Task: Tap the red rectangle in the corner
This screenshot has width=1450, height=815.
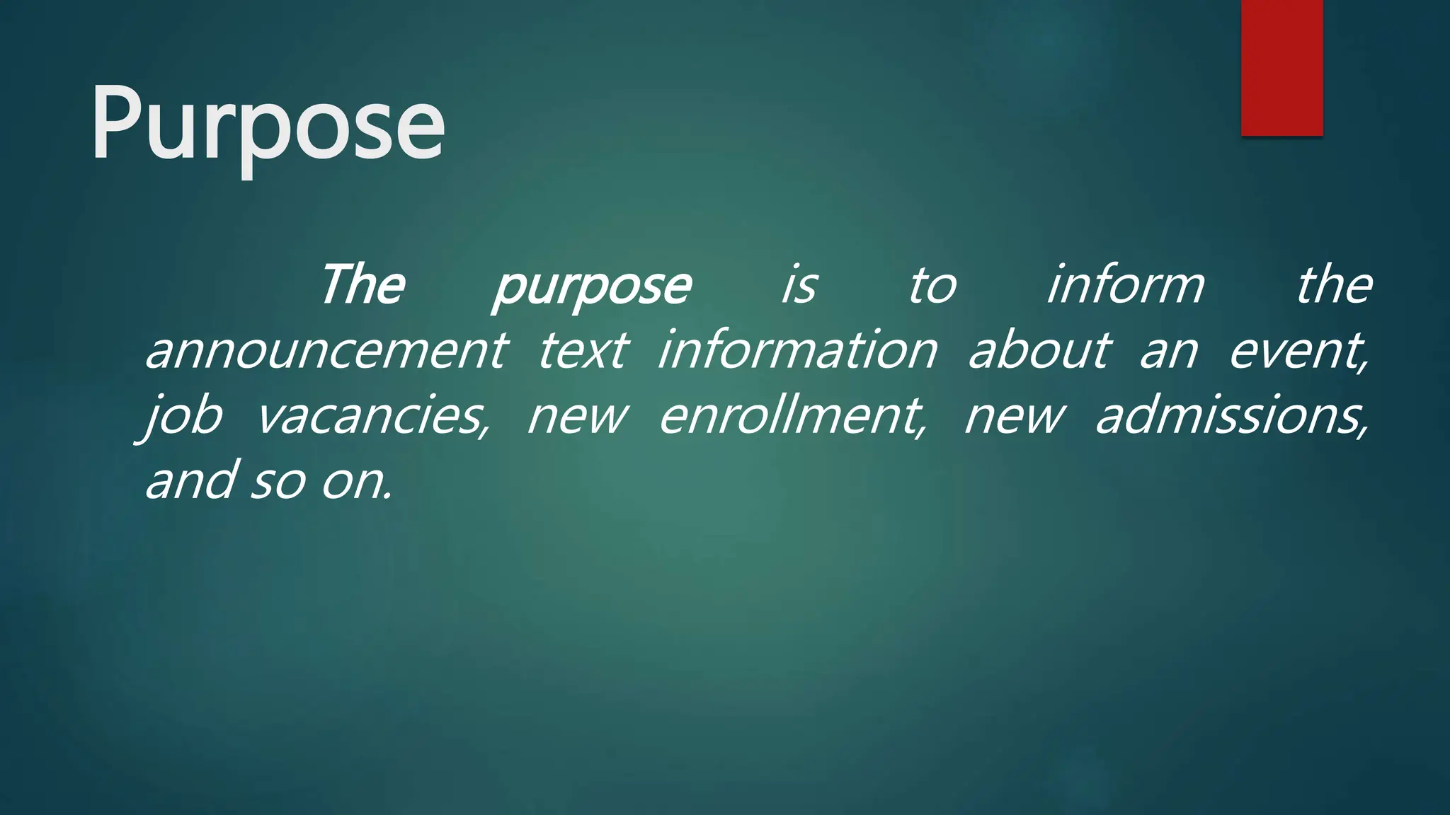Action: [x=1281, y=68]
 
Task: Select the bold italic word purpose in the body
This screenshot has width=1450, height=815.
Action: [x=592, y=287]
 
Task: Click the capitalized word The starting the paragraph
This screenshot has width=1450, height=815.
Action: [x=362, y=285]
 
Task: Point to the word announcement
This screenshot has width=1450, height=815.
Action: [x=326, y=351]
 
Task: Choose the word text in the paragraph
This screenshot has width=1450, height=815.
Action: [x=583, y=351]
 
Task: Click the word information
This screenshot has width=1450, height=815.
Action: [x=798, y=351]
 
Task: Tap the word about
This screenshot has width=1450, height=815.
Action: [x=1039, y=351]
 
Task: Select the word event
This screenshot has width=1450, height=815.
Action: [x=1297, y=351]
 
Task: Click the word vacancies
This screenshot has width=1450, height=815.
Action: [x=372, y=416]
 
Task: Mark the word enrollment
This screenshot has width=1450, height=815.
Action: [x=792, y=416]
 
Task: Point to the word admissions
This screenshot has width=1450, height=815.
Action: [x=1232, y=416]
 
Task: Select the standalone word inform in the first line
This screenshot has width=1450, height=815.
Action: [x=1126, y=285]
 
